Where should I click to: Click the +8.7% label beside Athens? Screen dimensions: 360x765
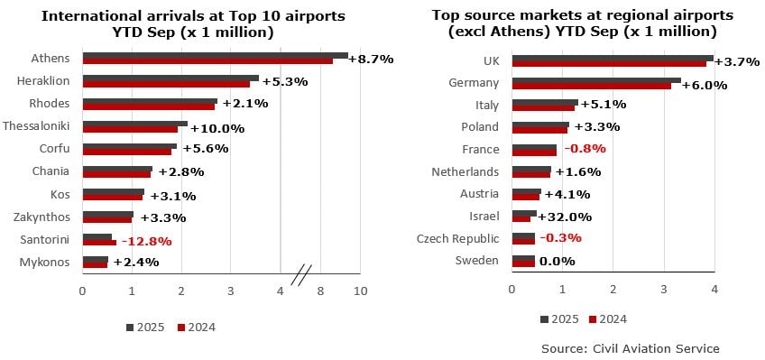371,59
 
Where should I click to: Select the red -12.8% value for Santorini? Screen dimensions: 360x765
146,241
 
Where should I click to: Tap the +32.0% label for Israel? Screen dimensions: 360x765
566,217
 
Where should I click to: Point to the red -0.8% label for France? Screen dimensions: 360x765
585,149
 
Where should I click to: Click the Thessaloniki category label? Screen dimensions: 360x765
39,125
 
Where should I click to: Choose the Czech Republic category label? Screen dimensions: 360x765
457,238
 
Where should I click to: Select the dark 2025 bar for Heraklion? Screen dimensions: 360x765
171,78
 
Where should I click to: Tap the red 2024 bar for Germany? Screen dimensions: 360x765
591,86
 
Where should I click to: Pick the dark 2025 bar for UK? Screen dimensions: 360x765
612,58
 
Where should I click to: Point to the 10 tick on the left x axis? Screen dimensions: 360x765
361,291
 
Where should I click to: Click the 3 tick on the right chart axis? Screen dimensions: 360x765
664,290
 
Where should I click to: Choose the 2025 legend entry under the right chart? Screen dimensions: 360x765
560,318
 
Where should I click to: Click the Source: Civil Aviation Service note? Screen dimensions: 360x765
631,347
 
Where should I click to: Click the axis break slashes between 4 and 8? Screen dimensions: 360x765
302,272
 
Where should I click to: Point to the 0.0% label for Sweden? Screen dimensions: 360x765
557,262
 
